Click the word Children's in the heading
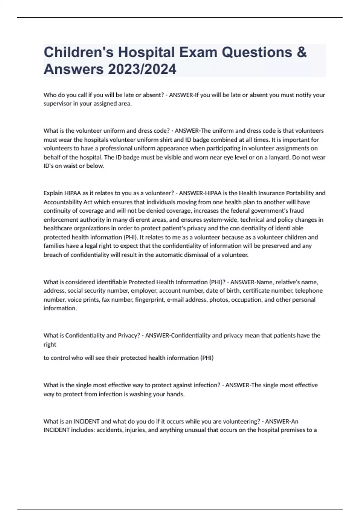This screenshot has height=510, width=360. pos(79,52)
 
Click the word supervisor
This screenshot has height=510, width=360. pos(57,104)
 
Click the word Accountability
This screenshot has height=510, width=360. pos(63,202)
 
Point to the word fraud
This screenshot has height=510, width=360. pos(297,211)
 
